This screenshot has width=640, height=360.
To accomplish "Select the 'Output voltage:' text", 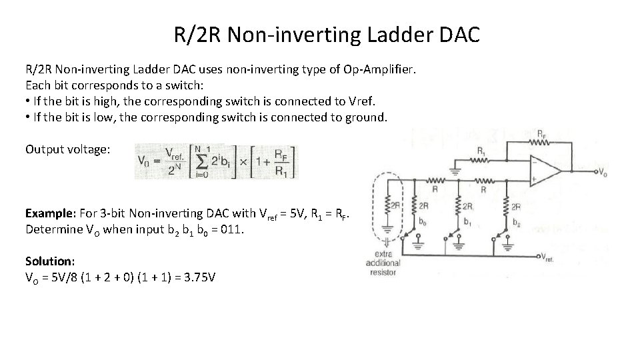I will (68, 149).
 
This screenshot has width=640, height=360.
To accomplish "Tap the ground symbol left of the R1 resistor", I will (456, 168).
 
